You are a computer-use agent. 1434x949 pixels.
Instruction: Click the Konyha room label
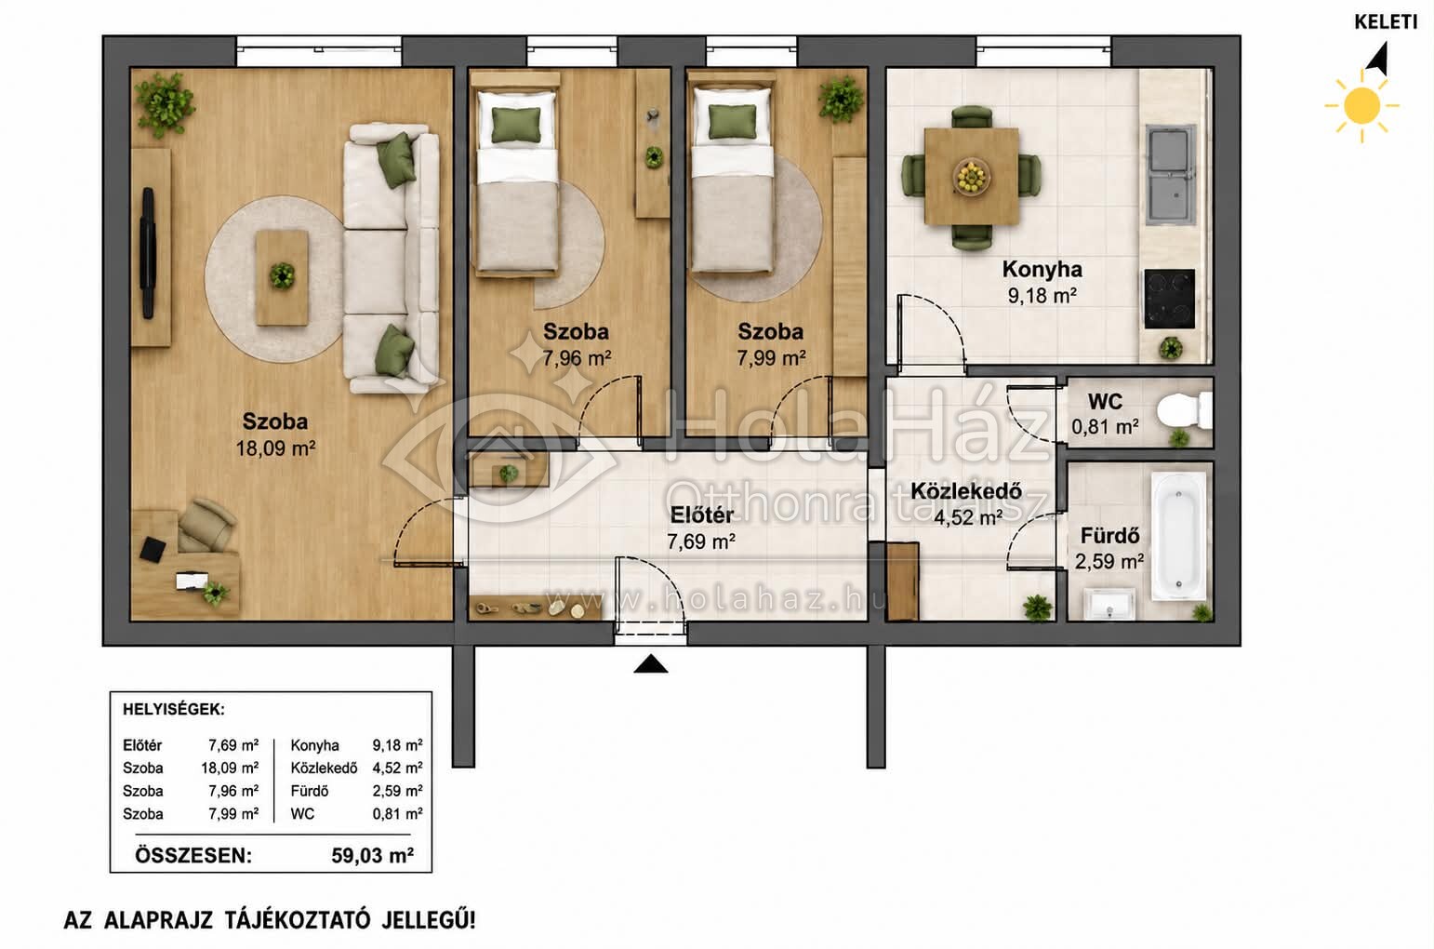coord(1042,270)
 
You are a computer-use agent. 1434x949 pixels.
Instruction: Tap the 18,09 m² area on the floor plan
coord(275,448)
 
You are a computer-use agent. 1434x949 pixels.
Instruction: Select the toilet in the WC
coord(1185,409)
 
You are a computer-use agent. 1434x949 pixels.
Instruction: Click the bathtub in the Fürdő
coord(1178,537)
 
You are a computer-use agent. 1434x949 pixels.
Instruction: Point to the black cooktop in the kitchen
coord(1169,299)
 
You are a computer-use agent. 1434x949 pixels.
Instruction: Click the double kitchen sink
coord(1170,175)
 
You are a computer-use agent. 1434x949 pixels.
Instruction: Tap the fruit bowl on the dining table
coord(971,176)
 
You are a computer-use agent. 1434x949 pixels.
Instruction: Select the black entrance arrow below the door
coord(650,664)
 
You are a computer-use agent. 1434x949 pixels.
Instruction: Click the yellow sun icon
coord(1362,106)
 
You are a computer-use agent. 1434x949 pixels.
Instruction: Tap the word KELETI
coord(1386,21)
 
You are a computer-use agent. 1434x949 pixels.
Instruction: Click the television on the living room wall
coord(148,253)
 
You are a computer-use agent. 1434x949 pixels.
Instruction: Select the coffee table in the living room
coord(282,278)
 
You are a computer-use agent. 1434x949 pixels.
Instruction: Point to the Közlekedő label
coord(965,491)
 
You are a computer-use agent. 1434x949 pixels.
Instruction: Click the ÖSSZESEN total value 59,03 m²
coord(373,856)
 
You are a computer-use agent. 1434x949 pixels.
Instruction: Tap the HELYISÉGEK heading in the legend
coord(174,710)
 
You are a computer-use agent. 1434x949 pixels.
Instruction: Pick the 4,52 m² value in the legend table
coord(397,768)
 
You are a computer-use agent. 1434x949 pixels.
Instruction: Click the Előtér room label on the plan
coord(701,515)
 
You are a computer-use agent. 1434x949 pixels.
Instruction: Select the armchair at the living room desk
coord(205,525)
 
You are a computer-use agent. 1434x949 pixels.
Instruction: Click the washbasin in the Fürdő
coord(1109,605)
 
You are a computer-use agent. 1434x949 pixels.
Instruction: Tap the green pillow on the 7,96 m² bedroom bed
coord(516,125)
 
